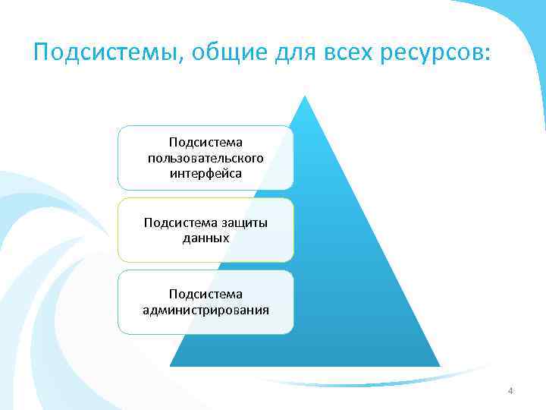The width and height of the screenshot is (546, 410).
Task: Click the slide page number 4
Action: (510, 391)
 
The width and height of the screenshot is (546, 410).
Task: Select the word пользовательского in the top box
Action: (206, 158)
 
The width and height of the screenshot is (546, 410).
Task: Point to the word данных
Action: (206, 238)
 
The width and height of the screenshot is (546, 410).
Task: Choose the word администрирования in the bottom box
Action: (206, 310)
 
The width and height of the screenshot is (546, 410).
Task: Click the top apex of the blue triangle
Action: (304, 96)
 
